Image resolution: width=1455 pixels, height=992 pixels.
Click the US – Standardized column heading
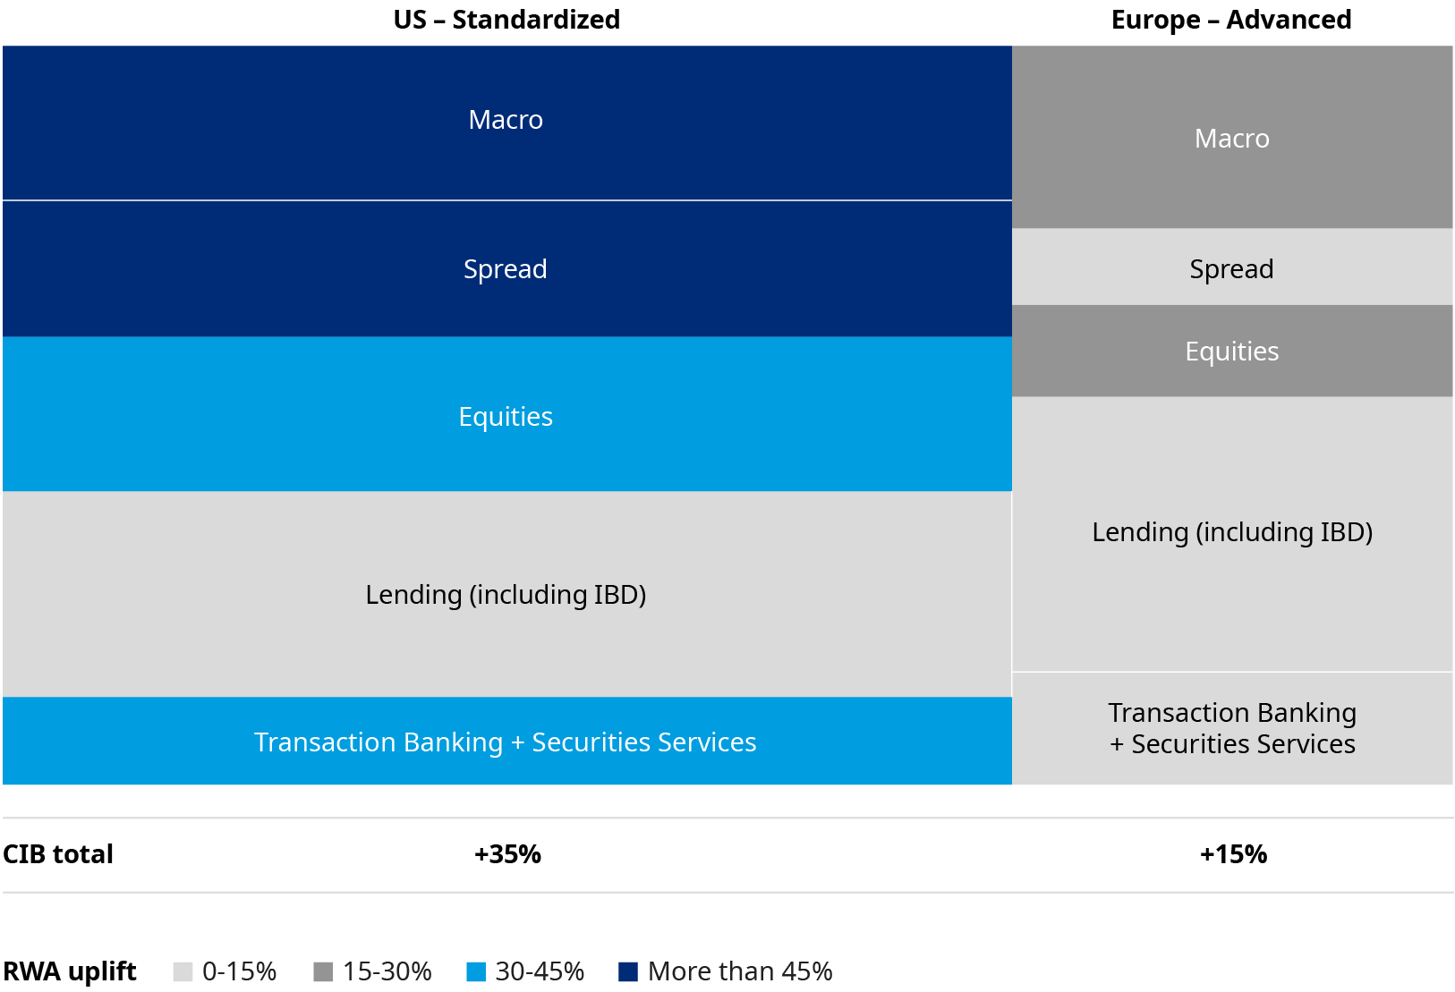pyautogui.click(x=506, y=20)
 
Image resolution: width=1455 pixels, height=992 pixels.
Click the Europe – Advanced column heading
pyautogui.click(x=1231, y=20)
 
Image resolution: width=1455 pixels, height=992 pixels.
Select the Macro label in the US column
pyautogui.click(x=506, y=120)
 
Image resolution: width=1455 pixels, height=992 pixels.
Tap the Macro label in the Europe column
pyautogui.click(x=1231, y=139)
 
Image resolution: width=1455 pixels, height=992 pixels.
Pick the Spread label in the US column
pyautogui.click(x=506, y=269)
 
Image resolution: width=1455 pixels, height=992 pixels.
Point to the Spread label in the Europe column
pyautogui.click(x=1231, y=269)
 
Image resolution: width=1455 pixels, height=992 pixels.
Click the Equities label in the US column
pyautogui.click(x=506, y=417)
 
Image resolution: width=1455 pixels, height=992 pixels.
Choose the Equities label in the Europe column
pyautogui.click(x=1231, y=352)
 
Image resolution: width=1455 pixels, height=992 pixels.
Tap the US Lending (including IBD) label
pyautogui.click(x=506, y=595)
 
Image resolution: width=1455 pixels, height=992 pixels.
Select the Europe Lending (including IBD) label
pyautogui.click(x=1231, y=532)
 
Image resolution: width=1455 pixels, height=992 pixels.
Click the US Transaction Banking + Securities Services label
pyautogui.click(x=506, y=742)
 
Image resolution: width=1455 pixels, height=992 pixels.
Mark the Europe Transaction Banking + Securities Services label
pyautogui.click(x=1231, y=728)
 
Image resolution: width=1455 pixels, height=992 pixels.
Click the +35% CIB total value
pyautogui.click(x=507, y=854)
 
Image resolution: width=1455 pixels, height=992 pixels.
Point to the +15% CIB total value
pyautogui.click(x=1233, y=854)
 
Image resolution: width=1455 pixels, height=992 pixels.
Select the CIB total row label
pyautogui.click(x=58, y=854)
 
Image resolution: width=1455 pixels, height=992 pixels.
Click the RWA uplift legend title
pyautogui.click(x=70, y=972)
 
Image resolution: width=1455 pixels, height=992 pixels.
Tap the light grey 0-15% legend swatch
pyautogui.click(x=183, y=972)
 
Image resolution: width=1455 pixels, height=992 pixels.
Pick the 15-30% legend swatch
pyautogui.click(x=323, y=972)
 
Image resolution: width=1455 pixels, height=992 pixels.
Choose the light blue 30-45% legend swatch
pyautogui.click(x=476, y=972)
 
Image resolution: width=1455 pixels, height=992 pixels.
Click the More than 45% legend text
pyautogui.click(x=740, y=972)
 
